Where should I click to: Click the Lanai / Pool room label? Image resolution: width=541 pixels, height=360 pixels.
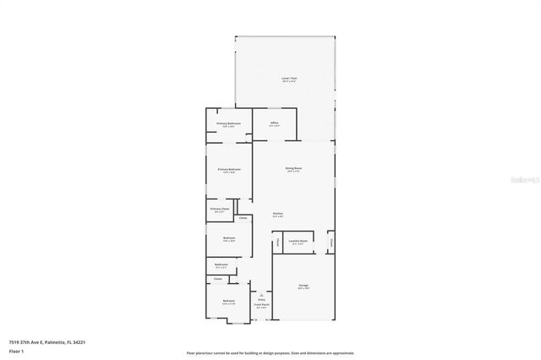point(289,79)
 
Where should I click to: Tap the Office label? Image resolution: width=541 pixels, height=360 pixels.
point(275,123)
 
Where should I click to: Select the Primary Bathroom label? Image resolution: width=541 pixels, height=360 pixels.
point(228,123)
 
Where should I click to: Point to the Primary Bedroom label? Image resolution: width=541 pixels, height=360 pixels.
point(229,169)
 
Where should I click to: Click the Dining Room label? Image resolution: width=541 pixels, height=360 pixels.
point(293,169)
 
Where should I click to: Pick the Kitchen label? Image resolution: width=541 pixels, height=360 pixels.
point(277,213)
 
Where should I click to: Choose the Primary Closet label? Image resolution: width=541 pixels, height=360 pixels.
point(220,208)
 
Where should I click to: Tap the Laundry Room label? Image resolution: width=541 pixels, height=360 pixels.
point(298,241)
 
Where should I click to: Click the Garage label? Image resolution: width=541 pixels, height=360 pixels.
point(303,286)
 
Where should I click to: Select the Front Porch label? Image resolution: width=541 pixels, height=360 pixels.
point(261,304)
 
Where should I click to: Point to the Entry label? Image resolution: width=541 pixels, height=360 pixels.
point(261,299)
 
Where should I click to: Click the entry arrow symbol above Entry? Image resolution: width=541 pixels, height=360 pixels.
point(261,293)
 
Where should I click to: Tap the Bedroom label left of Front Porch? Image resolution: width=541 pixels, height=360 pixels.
point(228,301)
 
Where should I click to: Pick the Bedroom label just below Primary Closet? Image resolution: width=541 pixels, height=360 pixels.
point(228,238)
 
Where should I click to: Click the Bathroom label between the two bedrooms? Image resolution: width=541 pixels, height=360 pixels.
point(221,265)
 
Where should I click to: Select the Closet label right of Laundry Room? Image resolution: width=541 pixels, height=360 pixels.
point(331,242)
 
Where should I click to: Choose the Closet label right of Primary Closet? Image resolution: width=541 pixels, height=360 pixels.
point(243,218)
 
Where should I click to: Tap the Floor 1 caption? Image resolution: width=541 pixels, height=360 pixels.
point(16,350)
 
